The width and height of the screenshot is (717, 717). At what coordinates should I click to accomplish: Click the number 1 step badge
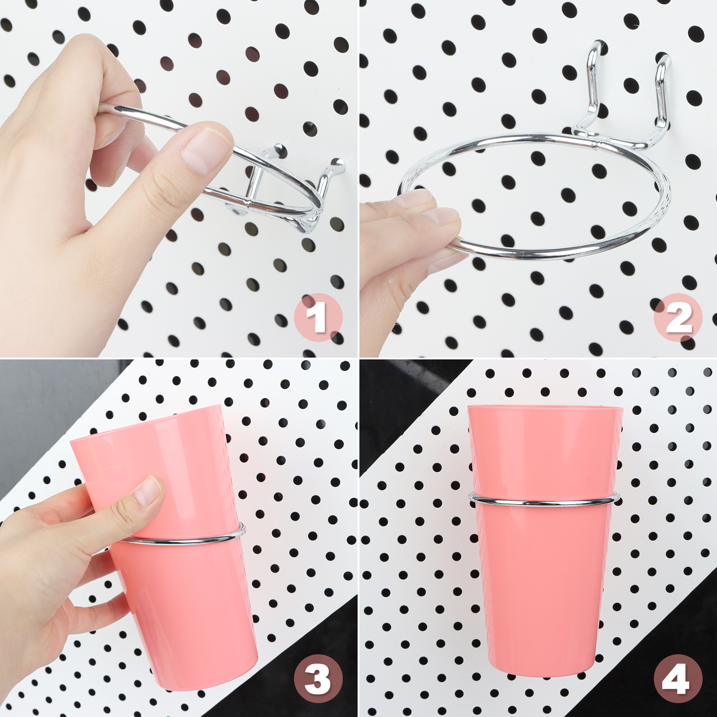(x=318, y=318)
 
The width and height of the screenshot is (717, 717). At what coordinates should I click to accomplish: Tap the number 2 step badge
(x=678, y=318)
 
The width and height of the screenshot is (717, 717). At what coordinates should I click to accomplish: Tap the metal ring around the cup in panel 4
(x=544, y=502)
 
